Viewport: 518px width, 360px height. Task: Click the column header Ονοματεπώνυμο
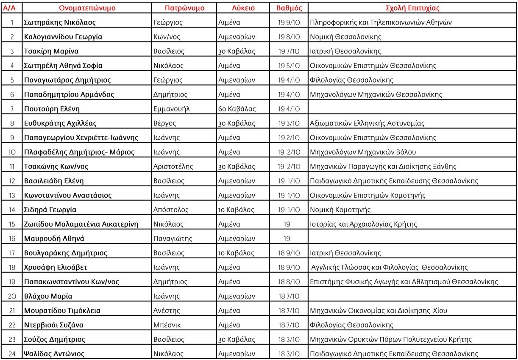point(87,8)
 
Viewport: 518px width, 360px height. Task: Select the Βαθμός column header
point(289,8)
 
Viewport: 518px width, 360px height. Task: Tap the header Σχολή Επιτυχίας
point(413,8)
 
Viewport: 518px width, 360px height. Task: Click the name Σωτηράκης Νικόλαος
point(60,22)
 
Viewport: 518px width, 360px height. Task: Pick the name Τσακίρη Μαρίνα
point(51,51)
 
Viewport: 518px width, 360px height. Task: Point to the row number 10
point(12,152)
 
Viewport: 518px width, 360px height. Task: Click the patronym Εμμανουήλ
point(171,109)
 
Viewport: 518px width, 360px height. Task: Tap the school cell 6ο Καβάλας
point(237,109)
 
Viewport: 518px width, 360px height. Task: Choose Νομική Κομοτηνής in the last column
point(340,210)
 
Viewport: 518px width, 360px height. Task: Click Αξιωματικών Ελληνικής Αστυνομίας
point(367,123)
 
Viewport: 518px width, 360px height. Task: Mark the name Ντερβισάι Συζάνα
point(54,325)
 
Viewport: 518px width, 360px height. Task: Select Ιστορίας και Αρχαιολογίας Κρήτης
point(363,224)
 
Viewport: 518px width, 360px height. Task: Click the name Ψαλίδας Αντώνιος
point(54,354)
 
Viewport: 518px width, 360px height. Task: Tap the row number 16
point(12,238)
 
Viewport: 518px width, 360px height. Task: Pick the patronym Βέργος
point(165,123)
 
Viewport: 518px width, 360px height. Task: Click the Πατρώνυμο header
point(184,8)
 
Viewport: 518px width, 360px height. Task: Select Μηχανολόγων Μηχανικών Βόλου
point(363,152)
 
